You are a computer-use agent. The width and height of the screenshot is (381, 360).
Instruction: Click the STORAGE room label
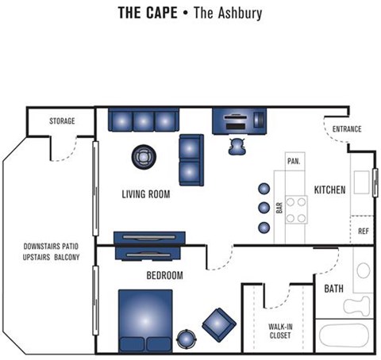[62, 121]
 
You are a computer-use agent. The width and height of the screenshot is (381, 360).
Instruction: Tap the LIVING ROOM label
[146, 194]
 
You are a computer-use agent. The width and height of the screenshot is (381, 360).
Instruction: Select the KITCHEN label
[329, 190]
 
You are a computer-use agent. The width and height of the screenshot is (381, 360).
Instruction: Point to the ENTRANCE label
[347, 129]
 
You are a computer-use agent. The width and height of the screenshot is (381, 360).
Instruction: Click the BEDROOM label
[165, 276]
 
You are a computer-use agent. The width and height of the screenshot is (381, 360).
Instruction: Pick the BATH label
[333, 289]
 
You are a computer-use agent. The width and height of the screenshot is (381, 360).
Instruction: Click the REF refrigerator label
[364, 232]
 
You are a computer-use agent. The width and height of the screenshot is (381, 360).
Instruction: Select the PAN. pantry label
[294, 160]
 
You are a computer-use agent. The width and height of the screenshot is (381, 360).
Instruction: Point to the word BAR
[279, 208]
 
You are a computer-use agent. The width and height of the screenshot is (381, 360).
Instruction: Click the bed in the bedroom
[145, 320]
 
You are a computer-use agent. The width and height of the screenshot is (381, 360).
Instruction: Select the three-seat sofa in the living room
[141, 121]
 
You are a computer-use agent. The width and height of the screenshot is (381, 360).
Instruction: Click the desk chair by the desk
[237, 144]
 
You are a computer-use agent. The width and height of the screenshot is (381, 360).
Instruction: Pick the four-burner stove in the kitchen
[296, 209]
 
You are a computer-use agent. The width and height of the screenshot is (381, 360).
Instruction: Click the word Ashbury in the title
[236, 13]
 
